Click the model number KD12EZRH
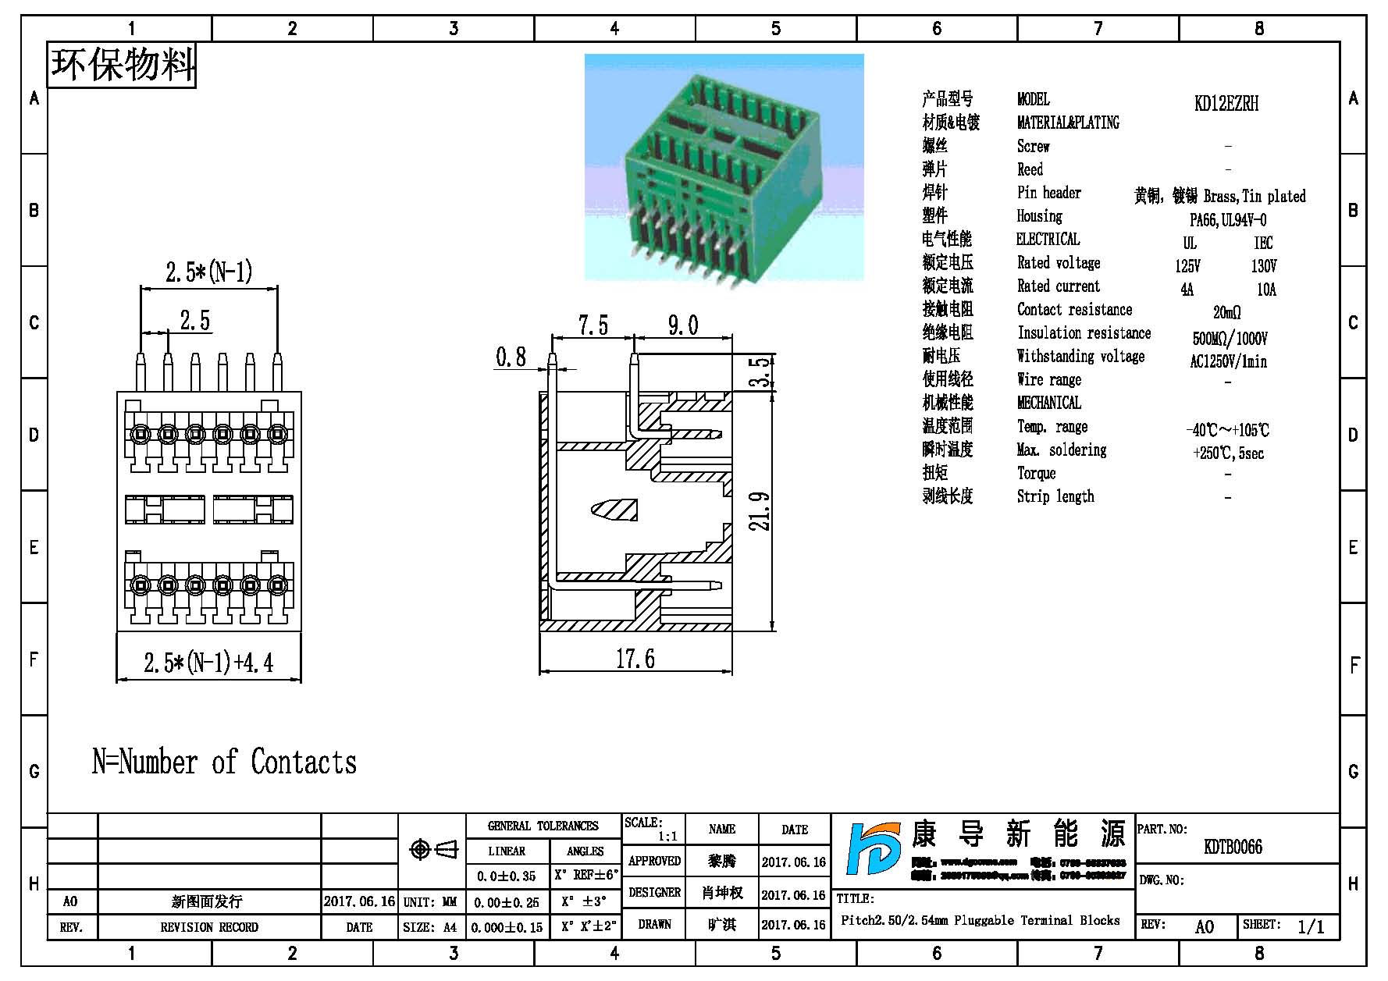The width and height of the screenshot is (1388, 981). click(x=1226, y=104)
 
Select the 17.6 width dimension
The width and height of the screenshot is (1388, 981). click(x=635, y=659)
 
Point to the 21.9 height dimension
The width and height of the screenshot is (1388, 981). click(x=760, y=511)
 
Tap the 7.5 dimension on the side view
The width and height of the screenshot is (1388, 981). click(x=593, y=325)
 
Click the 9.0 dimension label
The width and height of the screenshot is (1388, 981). click(x=683, y=325)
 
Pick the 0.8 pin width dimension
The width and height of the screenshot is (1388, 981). click(x=511, y=357)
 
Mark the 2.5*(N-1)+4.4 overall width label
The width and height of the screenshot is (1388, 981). click(x=208, y=663)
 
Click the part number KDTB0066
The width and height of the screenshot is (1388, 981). click(x=1233, y=847)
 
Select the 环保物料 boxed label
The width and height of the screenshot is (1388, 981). click(x=122, y=65)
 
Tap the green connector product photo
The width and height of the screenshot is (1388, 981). click(x=724, y=167)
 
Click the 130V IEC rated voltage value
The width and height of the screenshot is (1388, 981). click(x=1264, y=266)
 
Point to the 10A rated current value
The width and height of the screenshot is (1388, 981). click(x=1266, y=290)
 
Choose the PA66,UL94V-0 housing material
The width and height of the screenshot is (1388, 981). click(x=1228, y=220)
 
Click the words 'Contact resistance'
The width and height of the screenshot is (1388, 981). click(x=1074, y=310)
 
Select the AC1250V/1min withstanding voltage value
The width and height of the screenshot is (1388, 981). click(x=1228, y=361)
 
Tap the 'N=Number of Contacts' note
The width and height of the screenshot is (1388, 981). click(x=224, y=762)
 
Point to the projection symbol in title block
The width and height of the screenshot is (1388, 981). click(x=433, y=849)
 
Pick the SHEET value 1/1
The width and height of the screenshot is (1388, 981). click(x=1311, y=926)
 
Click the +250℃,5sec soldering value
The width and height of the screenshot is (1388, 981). click(x=1228, y=453)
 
